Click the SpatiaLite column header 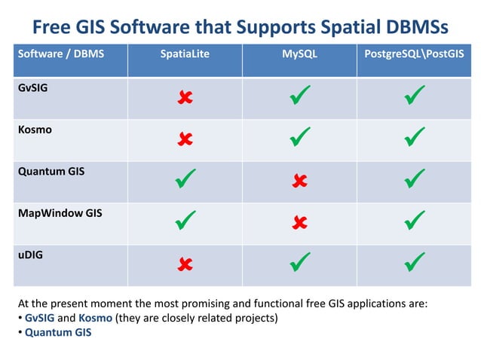pos(185,54)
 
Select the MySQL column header pos(299,54)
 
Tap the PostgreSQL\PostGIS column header pos(414,54)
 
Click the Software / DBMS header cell pos(51,54)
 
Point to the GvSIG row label pos(34,87)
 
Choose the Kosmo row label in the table pos(34,130)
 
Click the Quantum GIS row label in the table pos(51,171)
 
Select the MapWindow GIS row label pos(60,213)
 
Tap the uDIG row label pos(31,255)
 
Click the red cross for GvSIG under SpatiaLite pos(185,97)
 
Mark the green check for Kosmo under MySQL pos(300,137)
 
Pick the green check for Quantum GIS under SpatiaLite pos(185,179)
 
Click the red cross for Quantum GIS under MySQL pos(299,181)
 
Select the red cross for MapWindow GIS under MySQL pos(299,222)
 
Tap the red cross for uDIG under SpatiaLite pos(185,264)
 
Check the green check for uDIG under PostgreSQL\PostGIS pos(415,263)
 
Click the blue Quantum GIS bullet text pos(58,332)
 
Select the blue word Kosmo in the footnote pos(95,318)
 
